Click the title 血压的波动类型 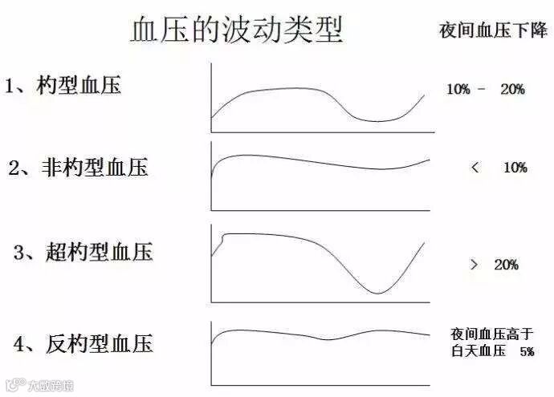click(236, 30)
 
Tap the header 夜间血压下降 click(493, 30)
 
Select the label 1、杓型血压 click(63, 85)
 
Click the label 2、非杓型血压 click(78, 168)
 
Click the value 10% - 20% click(485, 90)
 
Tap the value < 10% click(499, 168)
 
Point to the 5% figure click(526, 351)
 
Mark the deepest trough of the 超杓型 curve click(378, 293)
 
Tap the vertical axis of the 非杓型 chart click(211, 176)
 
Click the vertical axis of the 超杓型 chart click(211, 265)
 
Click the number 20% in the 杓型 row click(511, 90)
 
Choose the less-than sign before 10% click(475, 168)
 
